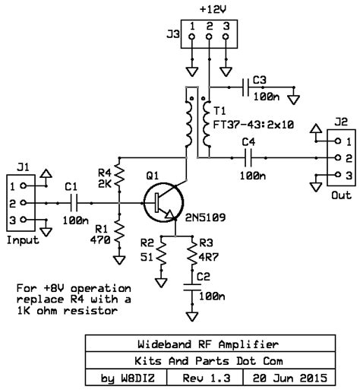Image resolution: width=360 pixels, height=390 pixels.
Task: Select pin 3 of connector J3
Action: point(226,38)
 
